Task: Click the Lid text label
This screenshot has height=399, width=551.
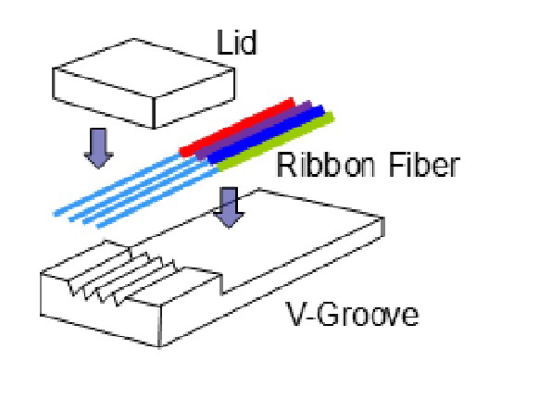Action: (237, 43)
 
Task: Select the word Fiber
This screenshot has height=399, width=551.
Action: (424, 165)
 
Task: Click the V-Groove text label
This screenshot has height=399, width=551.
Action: (353, 314)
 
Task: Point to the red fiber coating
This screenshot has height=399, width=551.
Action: (237, 127)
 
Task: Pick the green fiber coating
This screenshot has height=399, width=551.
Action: (276, 142)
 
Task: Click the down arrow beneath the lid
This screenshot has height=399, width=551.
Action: (98, 148)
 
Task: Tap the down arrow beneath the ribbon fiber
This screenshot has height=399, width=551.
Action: (229, 207)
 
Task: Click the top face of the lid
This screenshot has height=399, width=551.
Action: (144, 68)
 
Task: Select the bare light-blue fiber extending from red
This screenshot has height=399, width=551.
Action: (117, 185)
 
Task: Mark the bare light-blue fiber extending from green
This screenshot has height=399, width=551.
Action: (157, 198)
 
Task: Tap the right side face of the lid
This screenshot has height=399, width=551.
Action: (194, 98)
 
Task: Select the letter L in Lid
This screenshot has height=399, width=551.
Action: (223, 43)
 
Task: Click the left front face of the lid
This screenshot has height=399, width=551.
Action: (104, 97)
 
